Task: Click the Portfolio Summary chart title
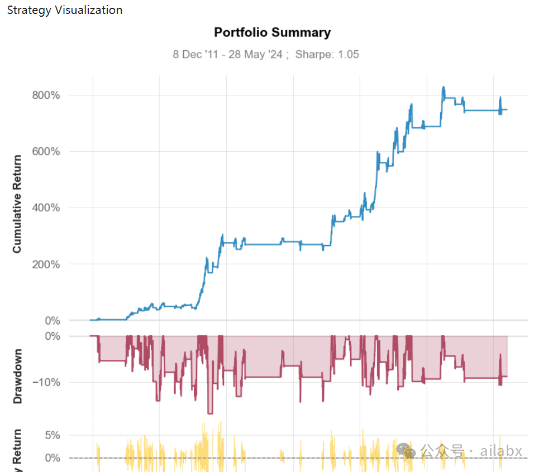coord(272,32)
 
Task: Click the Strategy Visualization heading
coord(65,10)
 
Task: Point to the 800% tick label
coord(46,95)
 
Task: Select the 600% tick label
coord(46,152)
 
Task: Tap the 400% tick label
coord(46,208)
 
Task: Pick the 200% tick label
coord(46,264)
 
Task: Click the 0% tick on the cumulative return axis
coord(52,321)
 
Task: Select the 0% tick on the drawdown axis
coord(52,336)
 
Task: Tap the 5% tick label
coord(52,435)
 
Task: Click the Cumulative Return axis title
coord(17,204)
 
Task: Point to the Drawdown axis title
coord(17,376)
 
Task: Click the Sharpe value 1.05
coord(348,54)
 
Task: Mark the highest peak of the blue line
coord(443,87)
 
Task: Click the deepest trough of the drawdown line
coord(210,413)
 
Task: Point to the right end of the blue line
coord(507,109)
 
